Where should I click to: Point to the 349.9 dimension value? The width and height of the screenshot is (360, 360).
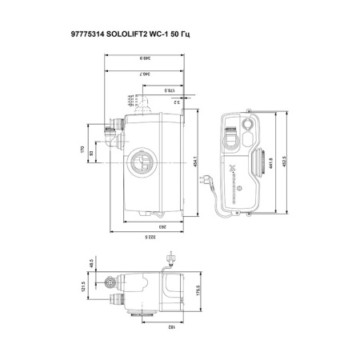[144, 58]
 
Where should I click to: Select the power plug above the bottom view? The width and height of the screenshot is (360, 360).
[170, 258]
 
